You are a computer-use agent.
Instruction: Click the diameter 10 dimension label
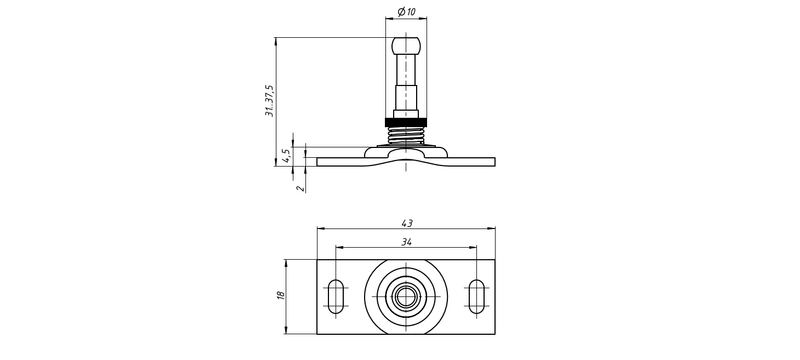[406, 11]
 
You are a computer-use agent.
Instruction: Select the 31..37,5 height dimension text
[269, 101]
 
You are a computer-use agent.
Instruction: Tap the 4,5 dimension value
[287, 156]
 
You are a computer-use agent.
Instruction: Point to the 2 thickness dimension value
[301, 188]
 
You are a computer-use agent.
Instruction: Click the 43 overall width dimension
[407, 223]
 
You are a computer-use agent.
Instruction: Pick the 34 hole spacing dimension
[406, 242]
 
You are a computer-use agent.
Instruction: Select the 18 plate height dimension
[280, 295]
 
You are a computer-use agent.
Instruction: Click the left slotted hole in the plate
[336, 296]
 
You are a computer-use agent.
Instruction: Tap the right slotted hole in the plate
[477, 296]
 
